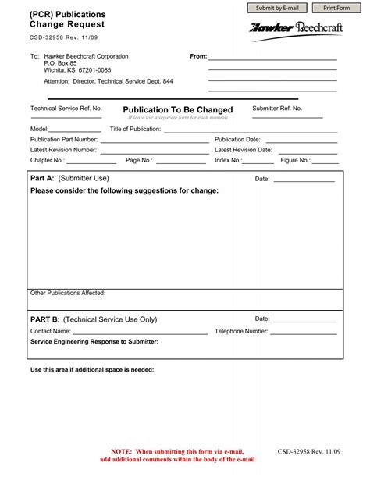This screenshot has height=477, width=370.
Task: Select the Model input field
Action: [76, 128]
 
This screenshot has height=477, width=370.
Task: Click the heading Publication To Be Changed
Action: [178, 110]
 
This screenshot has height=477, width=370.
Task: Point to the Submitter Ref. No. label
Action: [277, 108]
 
